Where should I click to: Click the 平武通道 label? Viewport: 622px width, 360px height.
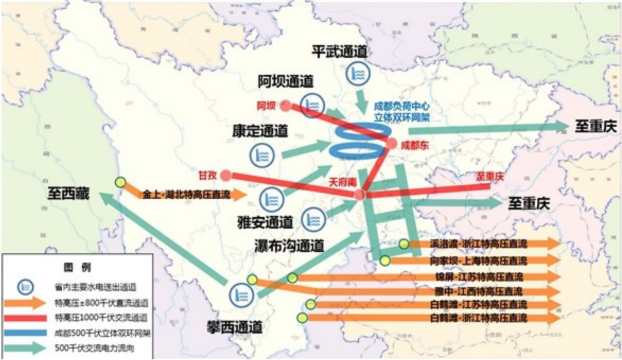pyautogui.click(x=339, y=51)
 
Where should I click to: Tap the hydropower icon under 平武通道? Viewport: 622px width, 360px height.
pyautogui.click(x=356, y=74)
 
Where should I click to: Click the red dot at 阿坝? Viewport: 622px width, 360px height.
pyautogui.click(x=285, y=105)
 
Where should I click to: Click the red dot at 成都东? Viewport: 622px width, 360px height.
pyautogui.click(x=392, y=144)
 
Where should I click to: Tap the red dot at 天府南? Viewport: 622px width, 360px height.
pyautogui.click(x=360, y=195)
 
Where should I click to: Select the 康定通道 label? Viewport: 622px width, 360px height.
pyautogui.click(x=260, y=131)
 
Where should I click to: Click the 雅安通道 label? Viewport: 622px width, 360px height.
pyautogui.click(x=265, y=221)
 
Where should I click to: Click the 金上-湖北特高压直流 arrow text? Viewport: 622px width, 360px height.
pyautogui.click(x=185, y=195)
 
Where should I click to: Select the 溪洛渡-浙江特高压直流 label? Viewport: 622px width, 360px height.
pyautogui.click(x=477, y=244)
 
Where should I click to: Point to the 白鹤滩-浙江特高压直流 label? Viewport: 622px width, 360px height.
pyautogui.click(x=477, y=318)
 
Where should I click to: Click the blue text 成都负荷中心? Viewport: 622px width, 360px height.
pyautogui.click(x=401, y=107)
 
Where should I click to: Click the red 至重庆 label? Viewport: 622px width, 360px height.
pyautogui.click(x=490, y=177)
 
